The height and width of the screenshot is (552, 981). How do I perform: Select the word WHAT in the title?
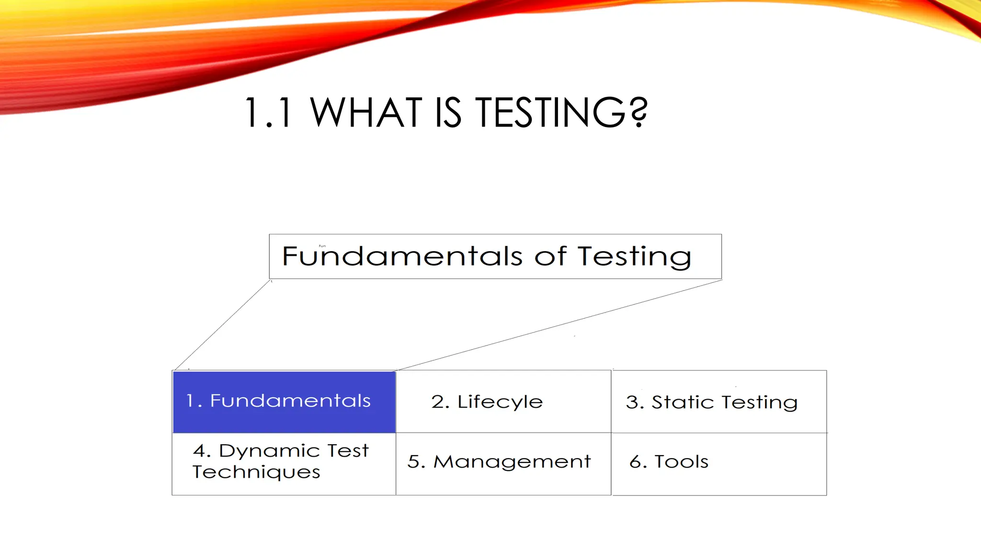coord(366,113)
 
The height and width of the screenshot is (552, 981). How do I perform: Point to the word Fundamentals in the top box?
coord(402,256)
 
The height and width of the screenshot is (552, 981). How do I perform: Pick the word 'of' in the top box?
coord(550,256)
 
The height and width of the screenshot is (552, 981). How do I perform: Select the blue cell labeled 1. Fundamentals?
coord(284,402)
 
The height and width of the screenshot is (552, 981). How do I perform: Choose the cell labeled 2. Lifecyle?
coord(503,402)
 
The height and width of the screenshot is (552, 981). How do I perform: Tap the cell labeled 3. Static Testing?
coord(719,402)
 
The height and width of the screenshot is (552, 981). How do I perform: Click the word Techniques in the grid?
coord(256,472)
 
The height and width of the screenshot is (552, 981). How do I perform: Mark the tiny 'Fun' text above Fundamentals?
coord(322,246)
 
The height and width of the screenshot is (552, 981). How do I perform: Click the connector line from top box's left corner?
coord(223,325)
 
